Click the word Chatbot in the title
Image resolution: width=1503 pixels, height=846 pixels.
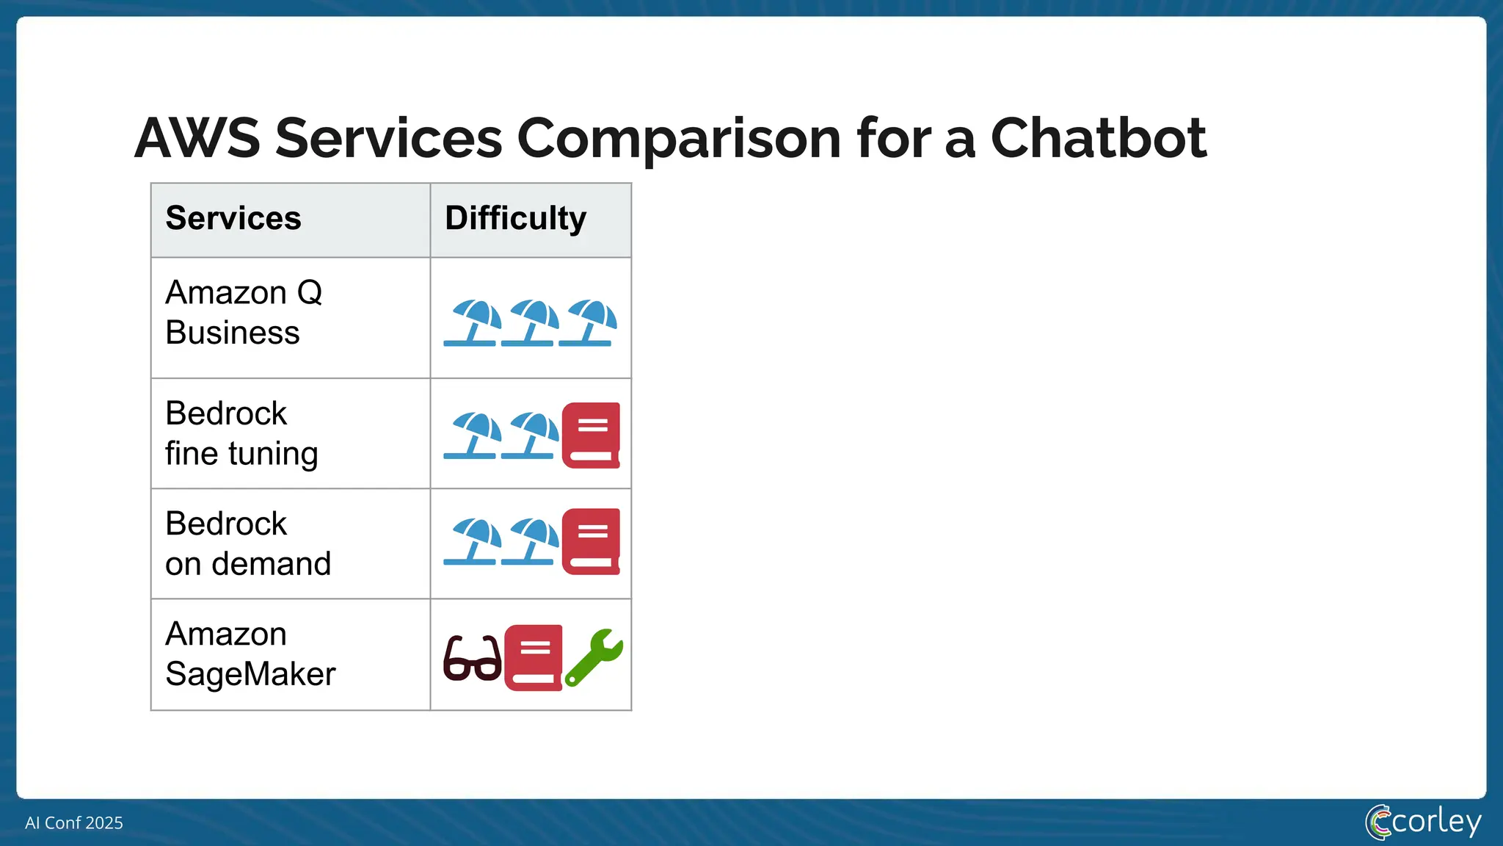(x=1098, y=138)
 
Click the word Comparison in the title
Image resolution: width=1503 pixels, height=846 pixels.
(x=679, y=140)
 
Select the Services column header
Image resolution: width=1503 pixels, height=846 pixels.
(x=233, y=218)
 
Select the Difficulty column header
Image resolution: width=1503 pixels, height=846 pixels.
(x=515, y=218)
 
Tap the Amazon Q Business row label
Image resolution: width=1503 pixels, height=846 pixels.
(x=243, y=313)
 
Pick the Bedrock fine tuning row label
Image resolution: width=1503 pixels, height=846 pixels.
(x=241, y=433)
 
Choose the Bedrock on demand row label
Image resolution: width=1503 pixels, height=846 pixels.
(x=247, y=543)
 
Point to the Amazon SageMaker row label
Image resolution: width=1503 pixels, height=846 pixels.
(x=250, y=654)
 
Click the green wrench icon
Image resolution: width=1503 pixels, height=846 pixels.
(x=594, y=657)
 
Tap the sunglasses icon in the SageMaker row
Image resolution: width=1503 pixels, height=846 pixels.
(x=473, y=659)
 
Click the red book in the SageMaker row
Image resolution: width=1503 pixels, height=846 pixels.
(x=534, y=657)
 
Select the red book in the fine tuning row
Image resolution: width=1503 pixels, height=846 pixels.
(x=591, y=435)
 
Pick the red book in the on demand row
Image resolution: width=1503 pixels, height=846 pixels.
(x=591, y=541)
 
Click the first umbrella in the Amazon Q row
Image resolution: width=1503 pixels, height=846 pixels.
(x=473, y=323)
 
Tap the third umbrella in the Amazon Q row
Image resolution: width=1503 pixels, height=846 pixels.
(x=588, y=323)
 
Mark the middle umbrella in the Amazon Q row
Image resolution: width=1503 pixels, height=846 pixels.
(x=531, y=323)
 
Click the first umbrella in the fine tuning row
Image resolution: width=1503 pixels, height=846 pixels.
(x=473, y=435)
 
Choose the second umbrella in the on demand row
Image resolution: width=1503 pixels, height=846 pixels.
(x=531, y=542)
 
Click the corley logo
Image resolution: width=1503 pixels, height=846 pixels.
(x=1423, y=822)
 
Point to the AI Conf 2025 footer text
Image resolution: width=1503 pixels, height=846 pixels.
(x=74, y=822)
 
